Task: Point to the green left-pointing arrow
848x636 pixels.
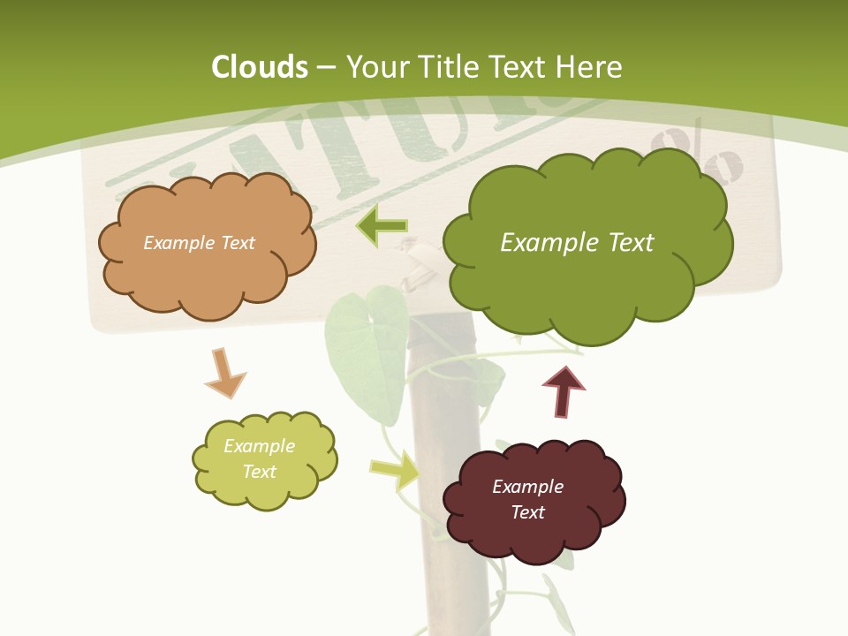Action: [382, 227]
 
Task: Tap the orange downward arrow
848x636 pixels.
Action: [224, 374]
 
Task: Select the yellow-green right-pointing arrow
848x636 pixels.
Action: [395, 470]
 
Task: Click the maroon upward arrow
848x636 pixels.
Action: [563, 391]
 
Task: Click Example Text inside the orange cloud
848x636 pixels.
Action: [199, 243]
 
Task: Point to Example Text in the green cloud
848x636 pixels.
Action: [577, 243]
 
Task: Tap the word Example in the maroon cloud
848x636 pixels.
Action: [527, 487]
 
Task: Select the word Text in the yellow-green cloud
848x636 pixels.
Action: [259, 472]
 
